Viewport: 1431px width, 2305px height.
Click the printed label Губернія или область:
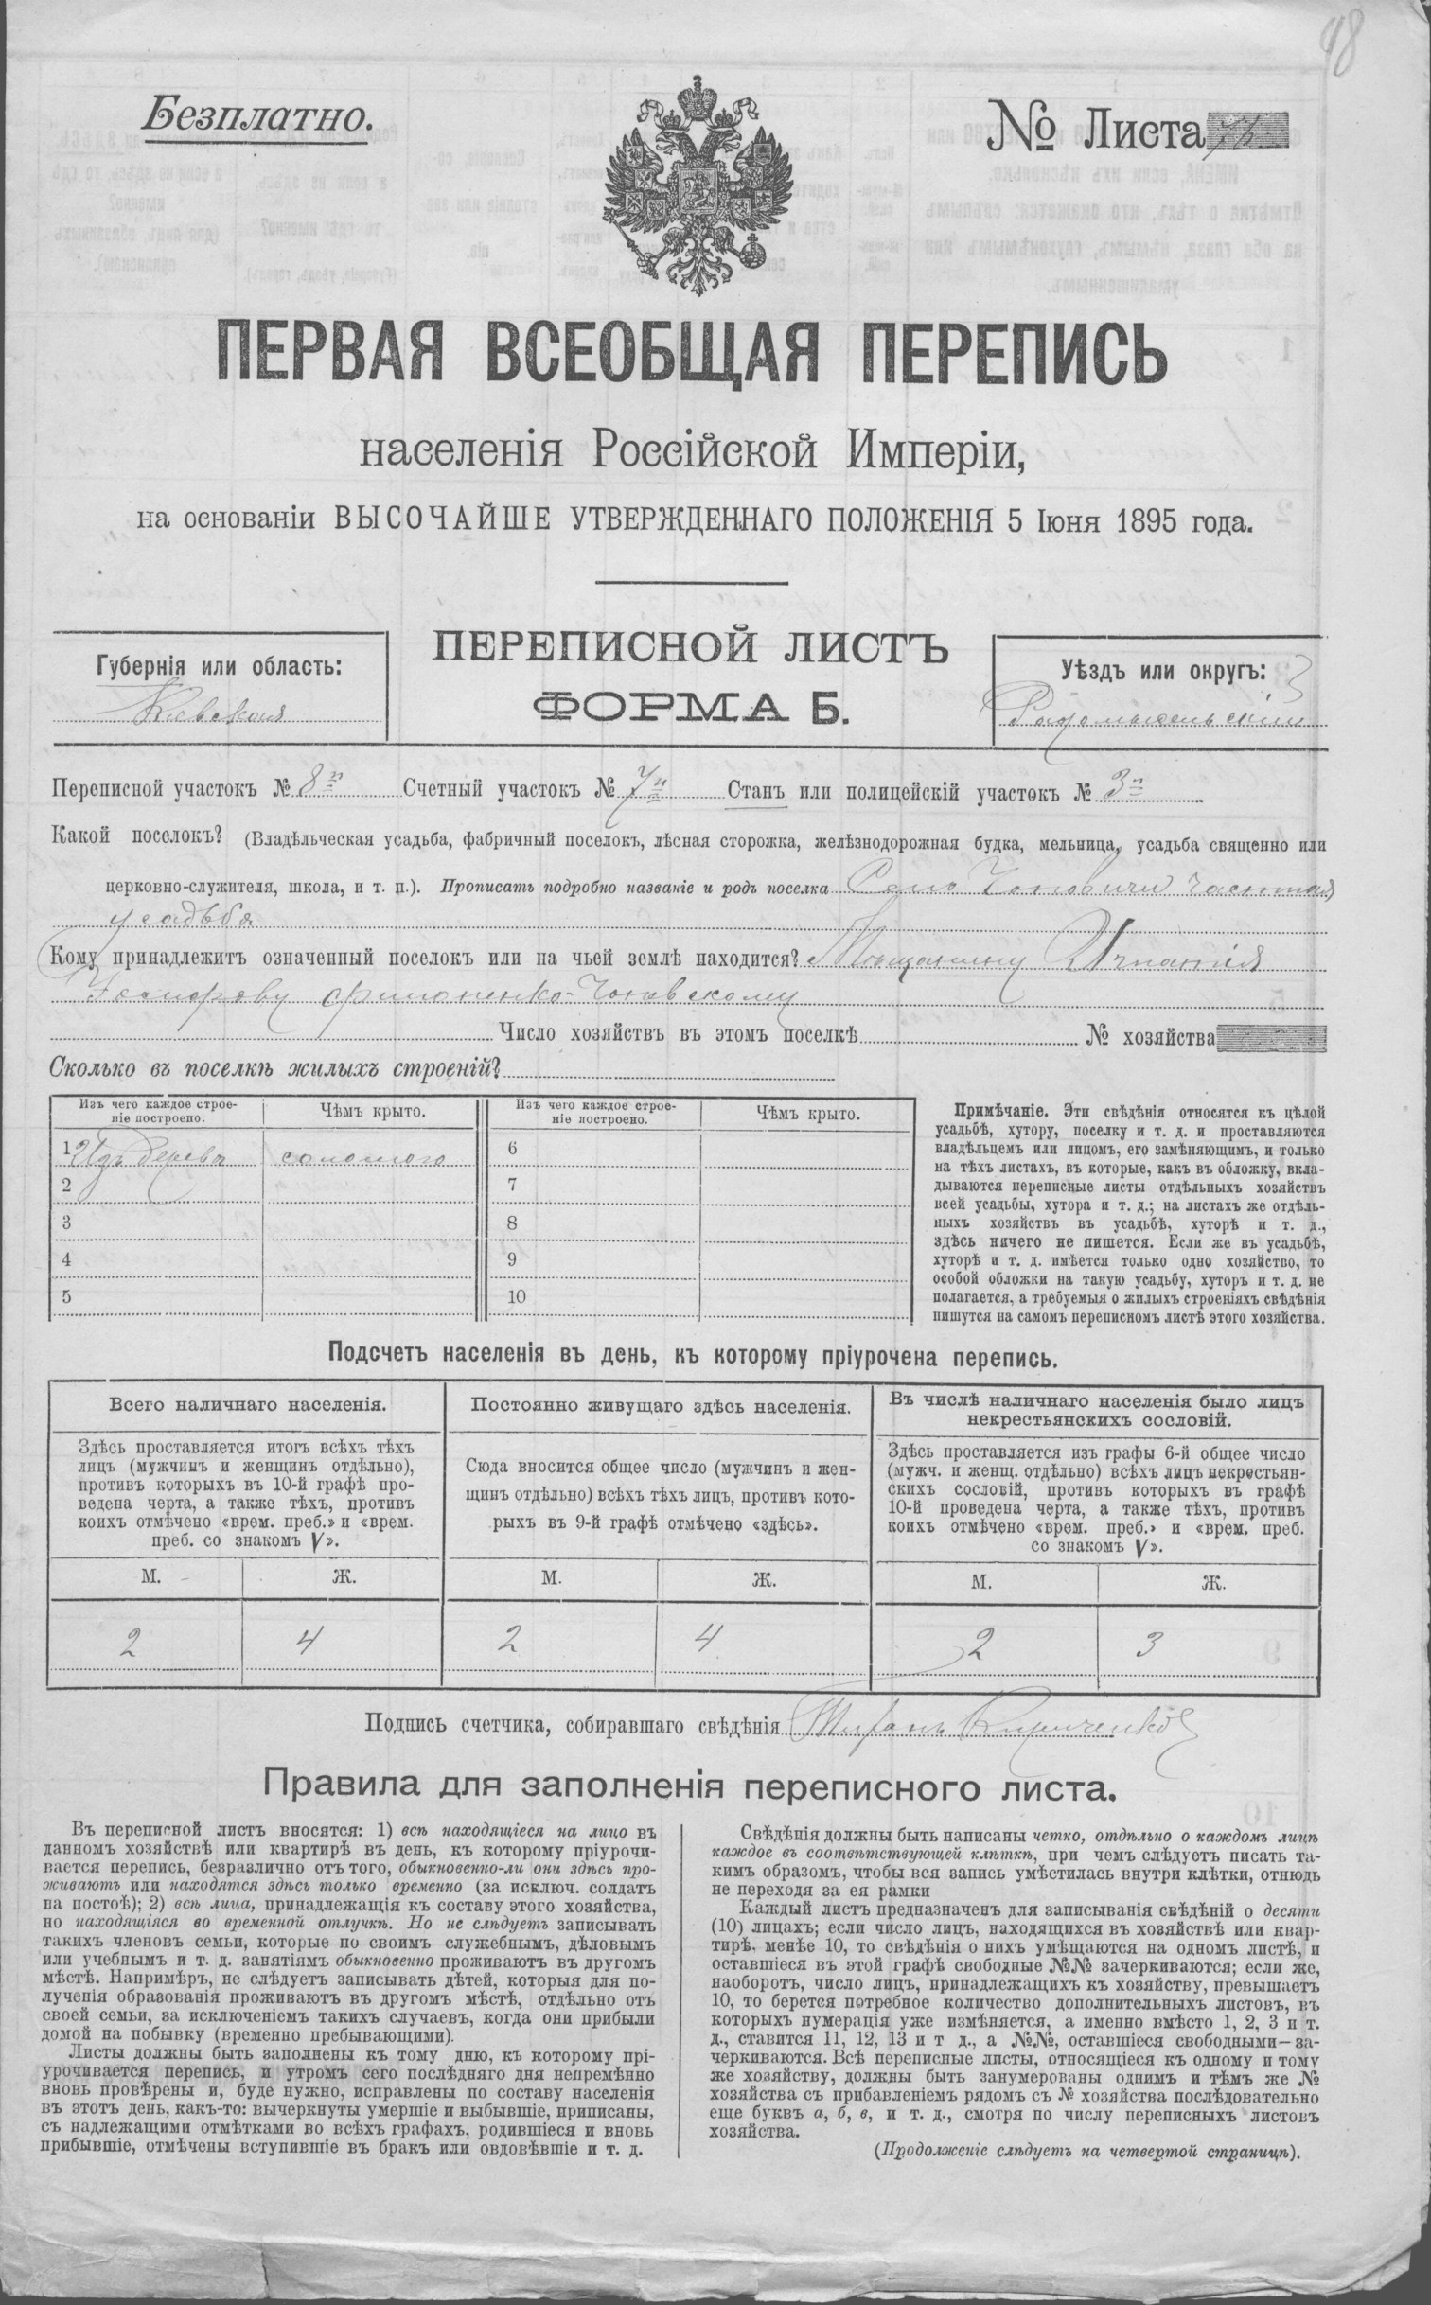pyautogui.click(x=219, y=664)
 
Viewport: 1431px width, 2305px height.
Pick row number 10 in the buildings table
pyautogui.click(x=517, y=1296)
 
